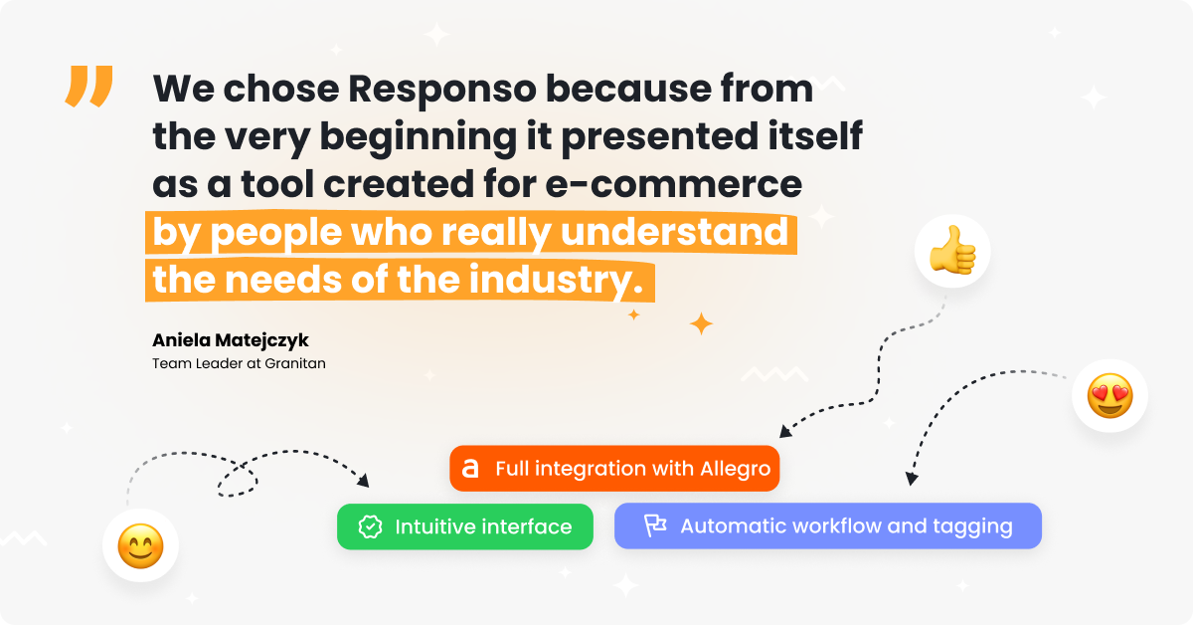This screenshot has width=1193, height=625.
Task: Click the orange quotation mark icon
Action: click(x=88, y=86)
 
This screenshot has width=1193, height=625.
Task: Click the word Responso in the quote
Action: click(x=442, y=89)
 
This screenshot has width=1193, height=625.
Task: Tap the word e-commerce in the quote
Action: click(x=674, y=184)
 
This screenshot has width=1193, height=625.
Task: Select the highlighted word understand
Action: click(x=674, y=232)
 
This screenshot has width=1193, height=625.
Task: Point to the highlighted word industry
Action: click(x=556, y=281)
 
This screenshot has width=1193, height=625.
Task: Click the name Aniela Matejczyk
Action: click(x=230, y=340)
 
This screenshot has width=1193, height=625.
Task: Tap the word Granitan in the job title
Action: click(x=295, y=363)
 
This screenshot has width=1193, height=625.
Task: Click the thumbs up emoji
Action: click(x=952, y=250)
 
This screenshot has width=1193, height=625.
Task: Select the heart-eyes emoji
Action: click(x=1109, y=396)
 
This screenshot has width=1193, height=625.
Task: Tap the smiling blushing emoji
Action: click(x=140, y=546)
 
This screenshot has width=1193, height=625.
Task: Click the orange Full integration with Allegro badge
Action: click(x=614, y=468)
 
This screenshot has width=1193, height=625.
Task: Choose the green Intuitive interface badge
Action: click(x=465, y=526)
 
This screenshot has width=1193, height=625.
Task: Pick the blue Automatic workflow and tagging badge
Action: click(x=827, y=525)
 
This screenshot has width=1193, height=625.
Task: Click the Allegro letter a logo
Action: click(x=469, y=468)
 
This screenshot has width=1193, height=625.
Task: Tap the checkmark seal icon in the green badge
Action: click(x=370, y=526)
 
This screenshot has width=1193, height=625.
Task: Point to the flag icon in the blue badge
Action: click(x=655, y=525)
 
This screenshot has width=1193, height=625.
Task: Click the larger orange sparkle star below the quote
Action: click(x=702, y=323)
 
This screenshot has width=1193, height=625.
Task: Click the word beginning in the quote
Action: click(x=419, y=137)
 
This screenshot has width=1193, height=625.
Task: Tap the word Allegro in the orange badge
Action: click(x=735, y=470)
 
